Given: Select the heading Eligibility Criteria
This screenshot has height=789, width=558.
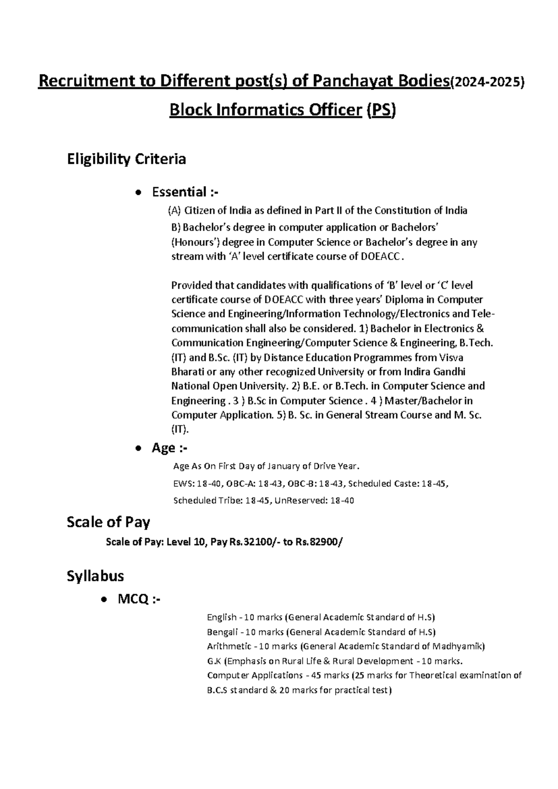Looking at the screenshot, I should tap(126, 159).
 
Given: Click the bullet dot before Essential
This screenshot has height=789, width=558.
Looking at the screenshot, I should tap(137, 193).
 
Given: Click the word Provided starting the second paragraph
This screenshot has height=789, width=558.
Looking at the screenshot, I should tap(190, 285).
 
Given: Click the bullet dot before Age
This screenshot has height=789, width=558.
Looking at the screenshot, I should tap(137, 449).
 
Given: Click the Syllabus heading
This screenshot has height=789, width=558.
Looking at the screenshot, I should tap(95, 576).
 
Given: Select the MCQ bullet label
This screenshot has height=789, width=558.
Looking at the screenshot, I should tap(139, 599).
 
